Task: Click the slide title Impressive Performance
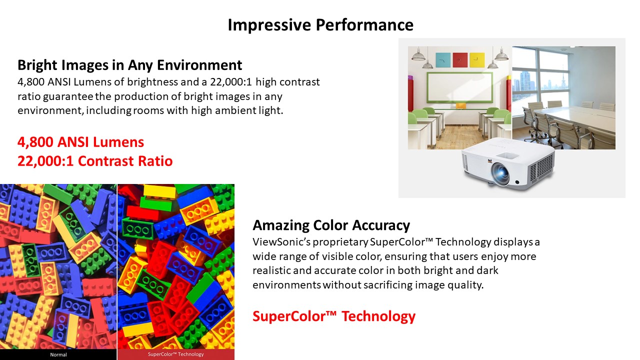click(320, 25)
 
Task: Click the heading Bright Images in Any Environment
click(129, 65)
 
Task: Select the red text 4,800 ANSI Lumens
click(80, 142)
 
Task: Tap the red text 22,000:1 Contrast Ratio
click(95, 161)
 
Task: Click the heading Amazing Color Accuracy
click(331, 225)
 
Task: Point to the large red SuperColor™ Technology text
click(334, 316)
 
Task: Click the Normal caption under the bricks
click(58, 354)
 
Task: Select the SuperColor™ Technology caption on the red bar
click(175, 354)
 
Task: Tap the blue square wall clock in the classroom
click(443, 60)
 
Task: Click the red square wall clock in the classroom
click(460, 60)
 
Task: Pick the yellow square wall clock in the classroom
click(477, 60)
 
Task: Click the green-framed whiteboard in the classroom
click(459, 87)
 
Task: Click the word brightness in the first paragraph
click(152, 82)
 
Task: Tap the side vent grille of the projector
click(541, 169)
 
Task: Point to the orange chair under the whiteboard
click(461, 106)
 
